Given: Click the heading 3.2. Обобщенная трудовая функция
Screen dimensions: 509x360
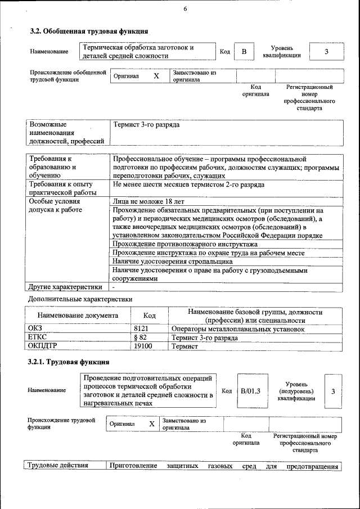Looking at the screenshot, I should point(89,31).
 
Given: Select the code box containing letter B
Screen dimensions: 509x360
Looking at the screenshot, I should point(244,52).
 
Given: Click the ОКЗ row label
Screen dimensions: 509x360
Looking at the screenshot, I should point(35,328).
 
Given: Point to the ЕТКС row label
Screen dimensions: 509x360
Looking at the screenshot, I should point(37,337).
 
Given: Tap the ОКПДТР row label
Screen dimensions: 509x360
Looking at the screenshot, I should point(43,346).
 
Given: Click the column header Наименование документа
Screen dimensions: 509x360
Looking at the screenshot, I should point(78,316).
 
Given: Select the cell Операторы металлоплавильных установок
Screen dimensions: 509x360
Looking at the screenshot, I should point(237,328).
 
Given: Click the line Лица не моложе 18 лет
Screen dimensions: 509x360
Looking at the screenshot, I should point(148,201).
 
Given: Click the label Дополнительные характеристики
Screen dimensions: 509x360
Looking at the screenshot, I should point(80,299).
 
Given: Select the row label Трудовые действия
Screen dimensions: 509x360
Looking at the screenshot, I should point(58,466).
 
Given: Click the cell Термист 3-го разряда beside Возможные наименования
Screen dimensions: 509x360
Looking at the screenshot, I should point(146,124).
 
